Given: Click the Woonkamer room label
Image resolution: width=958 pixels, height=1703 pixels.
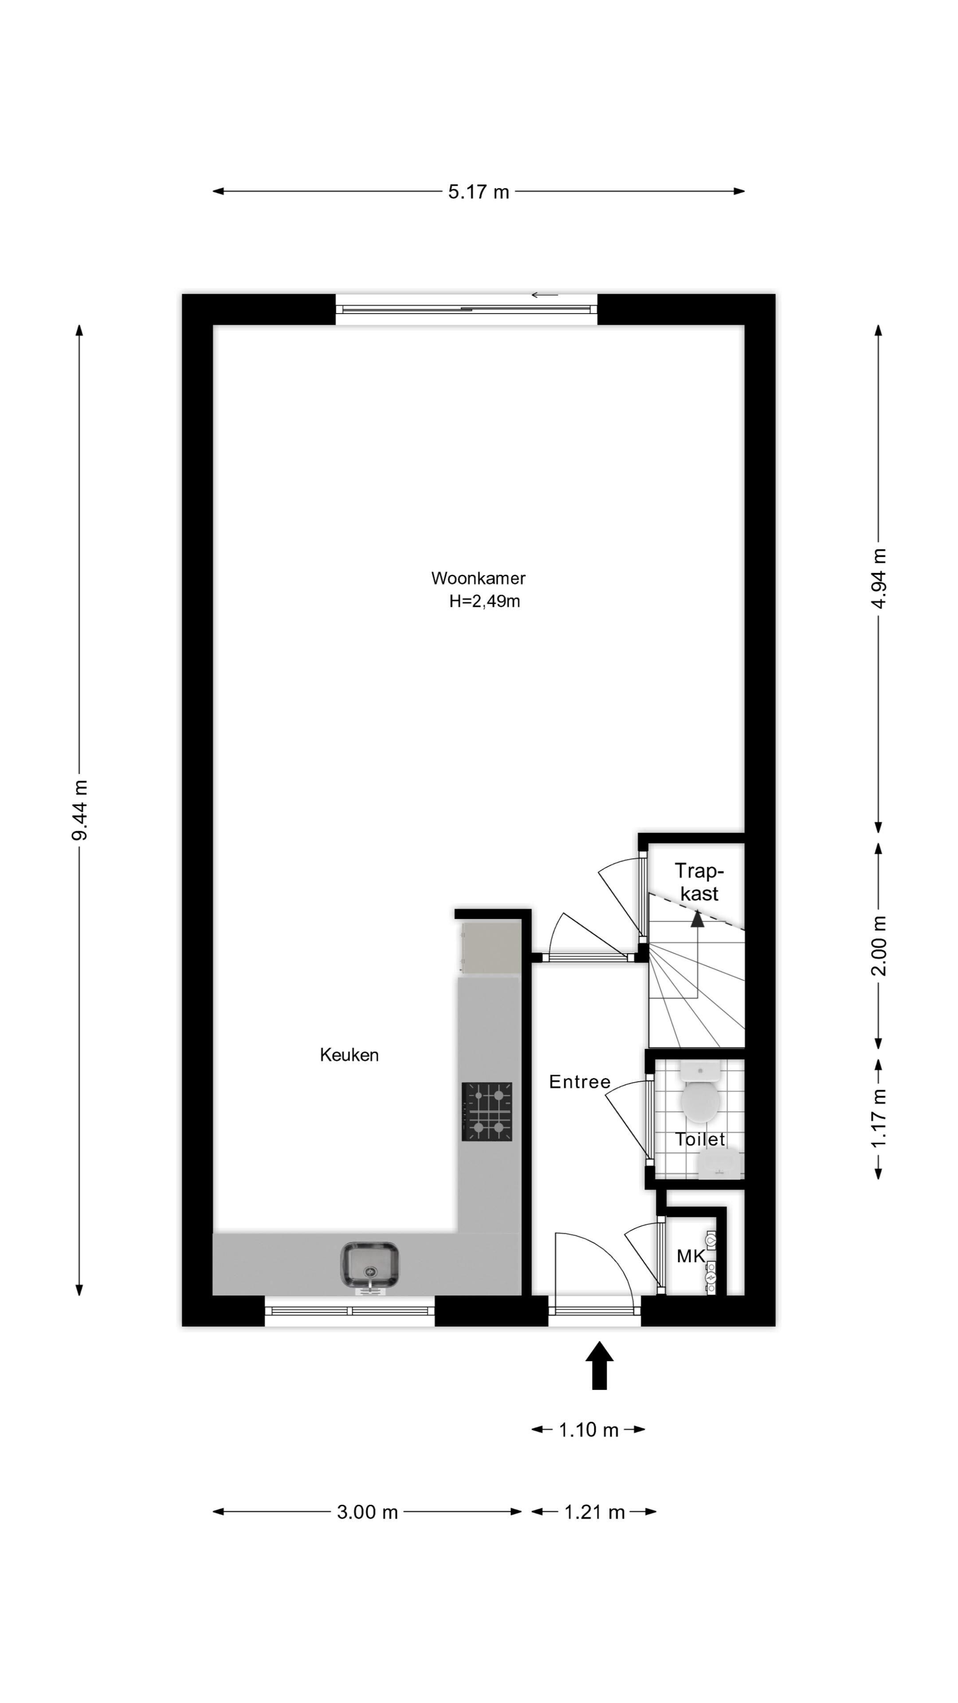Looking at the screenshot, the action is (x=478, y=578).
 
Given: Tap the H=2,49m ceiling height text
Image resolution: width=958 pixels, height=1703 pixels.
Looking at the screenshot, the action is (x=485, y=602).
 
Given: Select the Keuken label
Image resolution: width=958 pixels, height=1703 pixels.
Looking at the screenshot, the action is (x=349, y=1055).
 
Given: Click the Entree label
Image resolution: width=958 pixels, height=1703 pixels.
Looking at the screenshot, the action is (x=580, y=1082).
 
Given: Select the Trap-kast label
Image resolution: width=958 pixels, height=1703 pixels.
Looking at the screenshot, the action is (x=699, y=883).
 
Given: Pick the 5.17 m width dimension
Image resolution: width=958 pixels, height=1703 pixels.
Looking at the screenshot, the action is (x=479, y=192).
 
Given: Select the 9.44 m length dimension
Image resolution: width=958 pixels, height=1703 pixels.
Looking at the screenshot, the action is (x=79, y=810).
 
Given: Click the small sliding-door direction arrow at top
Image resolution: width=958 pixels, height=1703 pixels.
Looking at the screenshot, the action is (x=545, y=295).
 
